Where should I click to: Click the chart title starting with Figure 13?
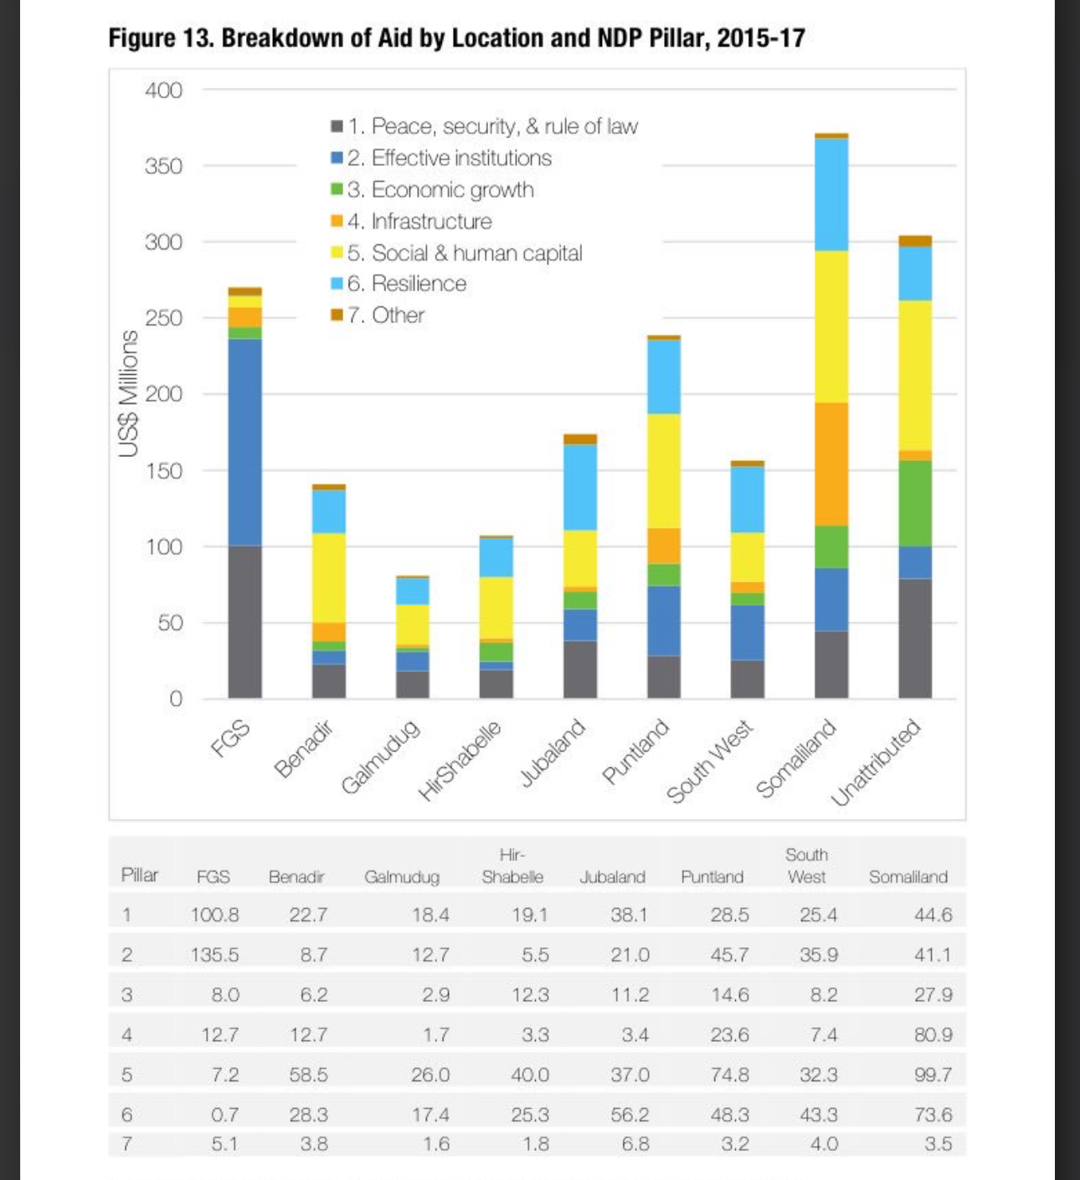point(456,38)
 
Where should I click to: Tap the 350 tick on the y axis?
point(163,166)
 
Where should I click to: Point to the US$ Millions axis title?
point(128,393)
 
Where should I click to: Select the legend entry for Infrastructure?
point(419,222)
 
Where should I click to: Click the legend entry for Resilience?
point(406,284)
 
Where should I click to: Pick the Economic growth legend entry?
point(440,190)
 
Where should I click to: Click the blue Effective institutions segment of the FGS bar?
point(244,442)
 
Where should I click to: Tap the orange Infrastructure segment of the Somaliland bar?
point(831,464)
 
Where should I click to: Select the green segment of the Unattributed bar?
point(915,503)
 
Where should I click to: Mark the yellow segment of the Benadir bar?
point(328,577)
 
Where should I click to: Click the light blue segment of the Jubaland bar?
point(580,487)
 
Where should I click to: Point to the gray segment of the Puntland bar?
point(664,676)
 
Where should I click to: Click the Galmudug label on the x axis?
point(380,757)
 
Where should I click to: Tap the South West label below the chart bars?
point(710,762)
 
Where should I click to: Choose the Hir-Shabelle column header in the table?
point(512,866)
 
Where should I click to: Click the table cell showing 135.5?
point(214,955)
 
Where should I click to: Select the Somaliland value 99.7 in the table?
point(933,1075)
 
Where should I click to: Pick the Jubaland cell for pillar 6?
point(629,1115)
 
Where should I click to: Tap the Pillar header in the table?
point(140,875)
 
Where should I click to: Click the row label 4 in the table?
point(127,1035)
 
